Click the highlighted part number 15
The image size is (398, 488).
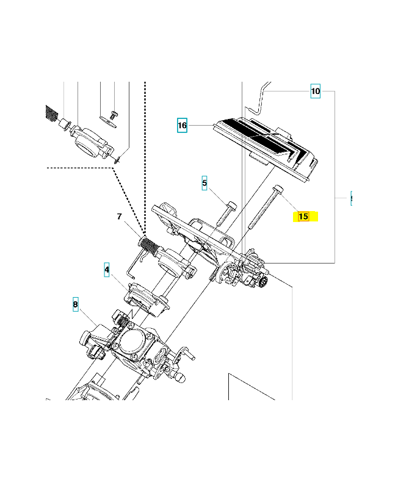click(x=303, y=216)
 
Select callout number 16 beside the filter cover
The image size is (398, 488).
click(x=182, y=126)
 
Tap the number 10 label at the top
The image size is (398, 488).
click(x=315, y=91)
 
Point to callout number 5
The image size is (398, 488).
click(x=204, y=182)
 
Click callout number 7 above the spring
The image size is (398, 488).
click(x=120, y=217)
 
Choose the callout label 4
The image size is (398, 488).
click(x=107, y=269)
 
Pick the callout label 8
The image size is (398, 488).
click(x=76, y=304)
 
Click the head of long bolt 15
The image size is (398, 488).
click(x=278, y=188)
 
